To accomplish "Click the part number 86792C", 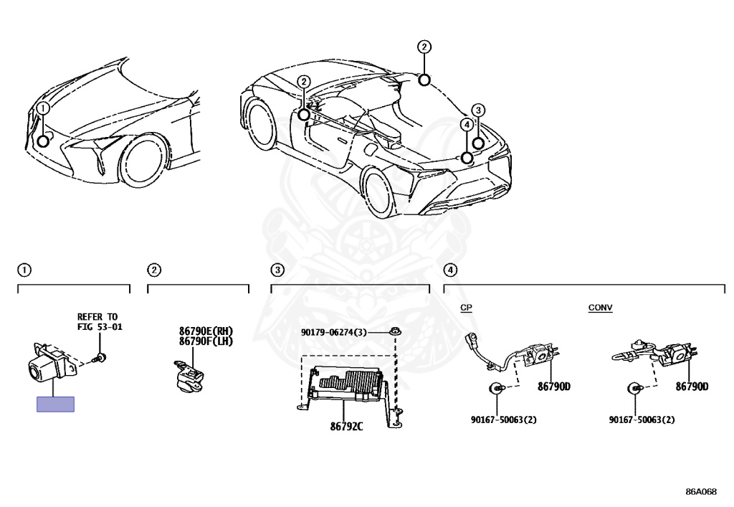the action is tap(346, 427).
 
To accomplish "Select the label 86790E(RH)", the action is tap(206, 331).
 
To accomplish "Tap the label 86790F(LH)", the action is tap(206, 341).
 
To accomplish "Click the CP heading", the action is tap(466, 307).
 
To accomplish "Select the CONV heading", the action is tap(600, 307).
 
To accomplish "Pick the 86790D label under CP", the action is tap(554, 387).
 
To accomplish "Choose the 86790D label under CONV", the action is tap(692, 387).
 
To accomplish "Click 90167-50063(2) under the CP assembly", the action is tap(503, 420).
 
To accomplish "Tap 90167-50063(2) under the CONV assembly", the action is tap(642, 420).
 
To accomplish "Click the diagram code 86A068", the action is tap(700, 491).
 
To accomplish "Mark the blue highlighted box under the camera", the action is tap(55, 404).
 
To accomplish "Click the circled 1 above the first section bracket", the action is tap(24, 270).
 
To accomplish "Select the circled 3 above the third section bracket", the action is tap(277, 270).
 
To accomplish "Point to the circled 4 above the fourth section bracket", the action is tap(449, 270).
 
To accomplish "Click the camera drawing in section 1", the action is tap(45, 364).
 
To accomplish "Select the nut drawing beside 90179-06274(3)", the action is tap(394, 333).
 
